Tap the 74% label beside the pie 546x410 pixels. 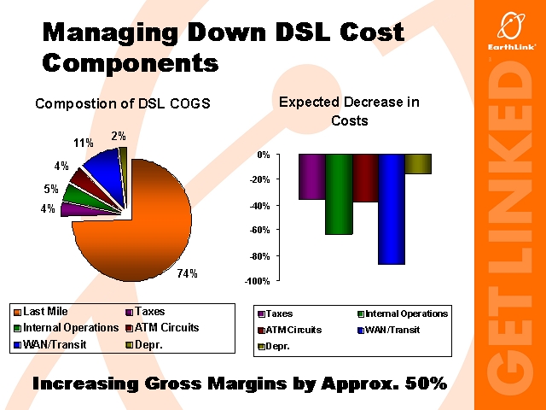coord(187,274)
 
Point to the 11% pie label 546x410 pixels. coord(84,143)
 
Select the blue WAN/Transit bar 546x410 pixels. coord(392,209)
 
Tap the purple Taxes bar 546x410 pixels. coord(311,177)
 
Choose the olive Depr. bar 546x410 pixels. coord(418,164)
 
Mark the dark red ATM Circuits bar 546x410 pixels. coord(365,178)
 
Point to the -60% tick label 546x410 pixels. coord(258,231)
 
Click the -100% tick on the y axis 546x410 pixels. coord(257,281)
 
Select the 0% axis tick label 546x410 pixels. coord(263,155)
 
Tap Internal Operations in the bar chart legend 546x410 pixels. coord(406,313)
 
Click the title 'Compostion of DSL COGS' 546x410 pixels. coord(122,104)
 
